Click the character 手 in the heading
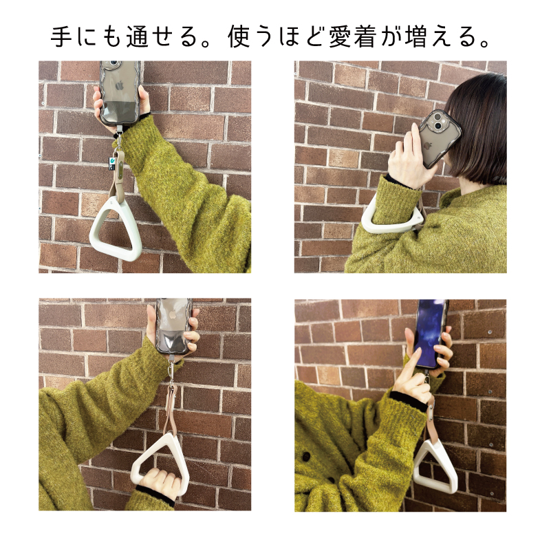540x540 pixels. tap(63, 38)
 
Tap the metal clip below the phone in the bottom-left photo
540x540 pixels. tap(169, 369)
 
